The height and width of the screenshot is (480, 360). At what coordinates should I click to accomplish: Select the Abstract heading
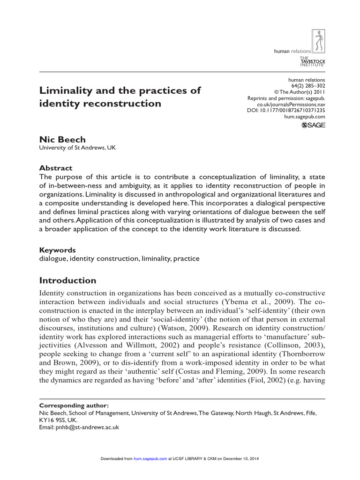(56, 168)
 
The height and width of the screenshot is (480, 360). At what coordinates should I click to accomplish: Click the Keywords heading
(57, 250)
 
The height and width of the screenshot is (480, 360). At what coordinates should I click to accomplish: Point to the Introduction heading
(67, 281)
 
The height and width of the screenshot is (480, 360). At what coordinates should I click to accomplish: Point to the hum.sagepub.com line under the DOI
(305, 117)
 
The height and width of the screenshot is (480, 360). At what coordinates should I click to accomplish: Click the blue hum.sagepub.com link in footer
(150, 458)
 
